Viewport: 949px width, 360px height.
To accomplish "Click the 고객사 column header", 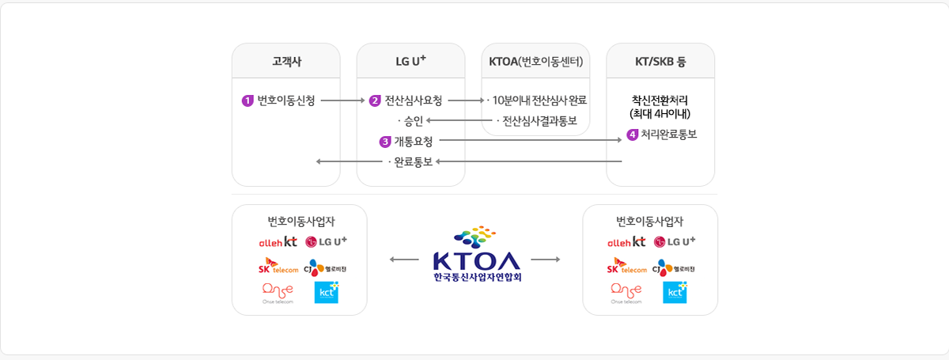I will coord(285,62).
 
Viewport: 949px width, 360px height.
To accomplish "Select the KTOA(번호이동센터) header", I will coord(535,62).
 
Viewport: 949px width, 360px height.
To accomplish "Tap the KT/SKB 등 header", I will coord(660,62).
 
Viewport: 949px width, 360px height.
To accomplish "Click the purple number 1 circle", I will coord(248,101).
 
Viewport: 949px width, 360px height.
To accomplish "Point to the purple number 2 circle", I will coord(375,101).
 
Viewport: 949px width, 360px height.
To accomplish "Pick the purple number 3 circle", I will coord(385,142).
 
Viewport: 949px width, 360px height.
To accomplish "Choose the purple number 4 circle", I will coord(632,135).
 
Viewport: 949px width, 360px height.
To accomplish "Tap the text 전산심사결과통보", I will coord(539,121).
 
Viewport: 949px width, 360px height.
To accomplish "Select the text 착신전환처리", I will coord(660,100).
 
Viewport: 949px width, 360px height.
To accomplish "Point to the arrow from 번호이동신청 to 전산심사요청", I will coord(342,101).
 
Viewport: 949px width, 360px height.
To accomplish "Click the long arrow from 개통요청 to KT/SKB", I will coord(530,141).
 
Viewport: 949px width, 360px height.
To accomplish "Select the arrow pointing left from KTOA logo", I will coord(404,260).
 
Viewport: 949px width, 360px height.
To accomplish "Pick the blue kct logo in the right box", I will coord(675,292).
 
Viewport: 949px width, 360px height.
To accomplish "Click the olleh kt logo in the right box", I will coord(626,242).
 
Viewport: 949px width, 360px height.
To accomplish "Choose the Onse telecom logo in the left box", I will coord(277,292).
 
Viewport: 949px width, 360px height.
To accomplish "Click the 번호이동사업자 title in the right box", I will coord(649,222).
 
